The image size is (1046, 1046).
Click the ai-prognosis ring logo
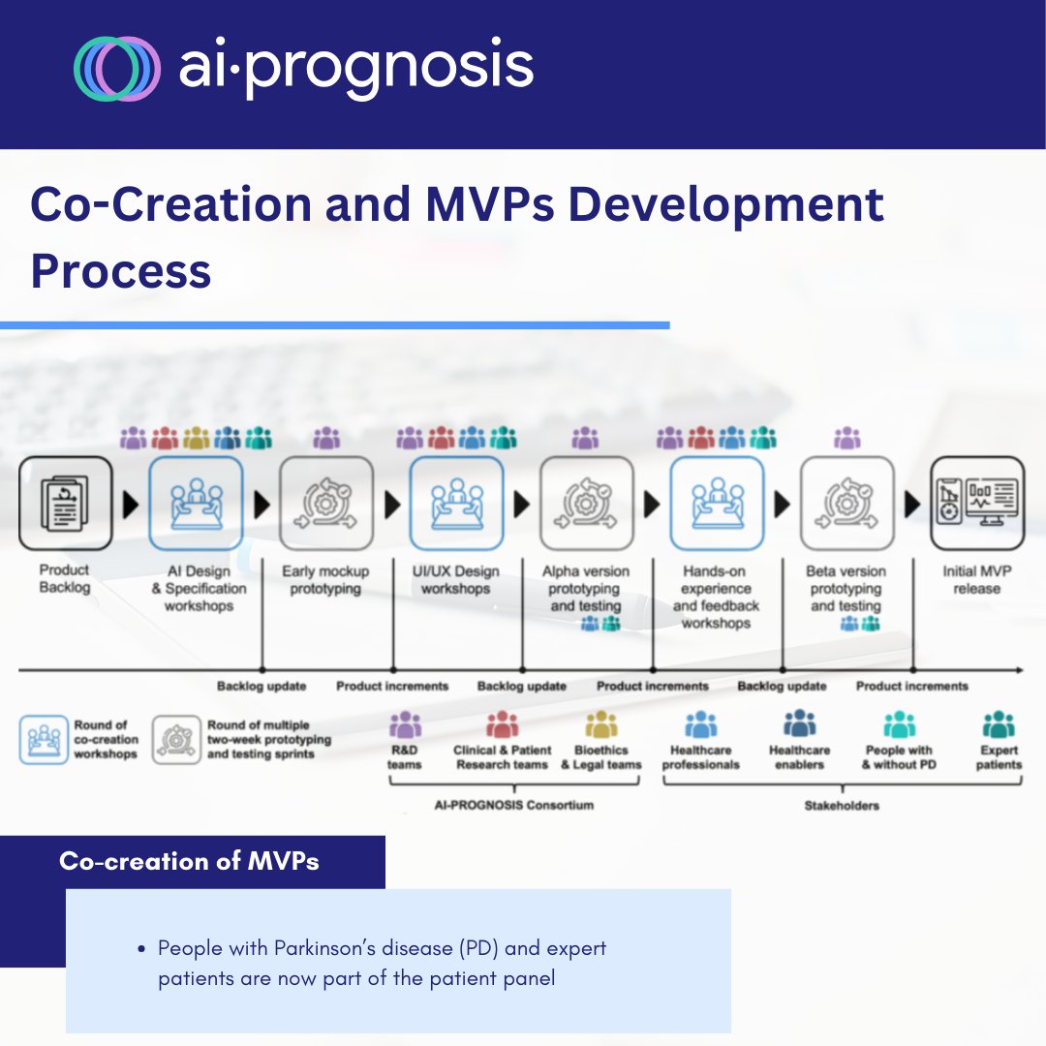coord(117,69)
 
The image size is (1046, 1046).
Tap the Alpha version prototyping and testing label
coord(586,588)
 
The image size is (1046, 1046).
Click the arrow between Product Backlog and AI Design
coord(131,505)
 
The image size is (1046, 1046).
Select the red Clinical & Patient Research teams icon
coord(502,724)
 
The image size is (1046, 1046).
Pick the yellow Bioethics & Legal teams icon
coord(600,724)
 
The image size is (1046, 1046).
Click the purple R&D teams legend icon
coord(404,724)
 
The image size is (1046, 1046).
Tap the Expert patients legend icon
coord(998,724)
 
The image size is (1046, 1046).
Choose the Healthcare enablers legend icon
coord(800,724)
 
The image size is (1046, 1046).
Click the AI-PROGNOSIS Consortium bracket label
coord(513,805)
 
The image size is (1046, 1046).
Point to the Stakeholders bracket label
coord(842,805)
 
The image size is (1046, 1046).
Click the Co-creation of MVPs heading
coord(189,861)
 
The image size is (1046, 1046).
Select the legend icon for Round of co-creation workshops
coord(44,739)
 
